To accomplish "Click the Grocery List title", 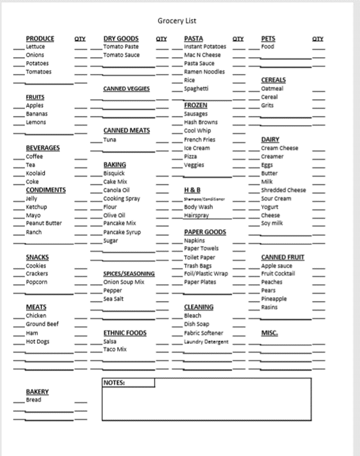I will point(177,21).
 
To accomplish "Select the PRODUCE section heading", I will point(40,38).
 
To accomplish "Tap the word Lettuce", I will point(35,46).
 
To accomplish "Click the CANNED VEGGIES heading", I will point(126,89).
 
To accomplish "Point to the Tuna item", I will point(109,139).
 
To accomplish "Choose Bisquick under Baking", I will point(114,173).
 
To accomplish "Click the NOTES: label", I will point(114,382).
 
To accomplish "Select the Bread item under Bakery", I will point(33,400).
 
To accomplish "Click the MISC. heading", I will point(269,333).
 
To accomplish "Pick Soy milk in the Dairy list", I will point(273,223).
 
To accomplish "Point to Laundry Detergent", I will point(206,342).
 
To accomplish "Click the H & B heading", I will point(192,190).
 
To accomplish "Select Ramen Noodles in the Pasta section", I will point(204,72).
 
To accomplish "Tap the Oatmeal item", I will point(272,88).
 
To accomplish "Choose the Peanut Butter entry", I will point(44,223).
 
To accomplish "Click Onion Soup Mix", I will point(123,282).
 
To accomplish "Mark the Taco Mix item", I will point(115,350).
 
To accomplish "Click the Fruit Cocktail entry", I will point(278,274).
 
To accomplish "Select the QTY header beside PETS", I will point(318,38).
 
